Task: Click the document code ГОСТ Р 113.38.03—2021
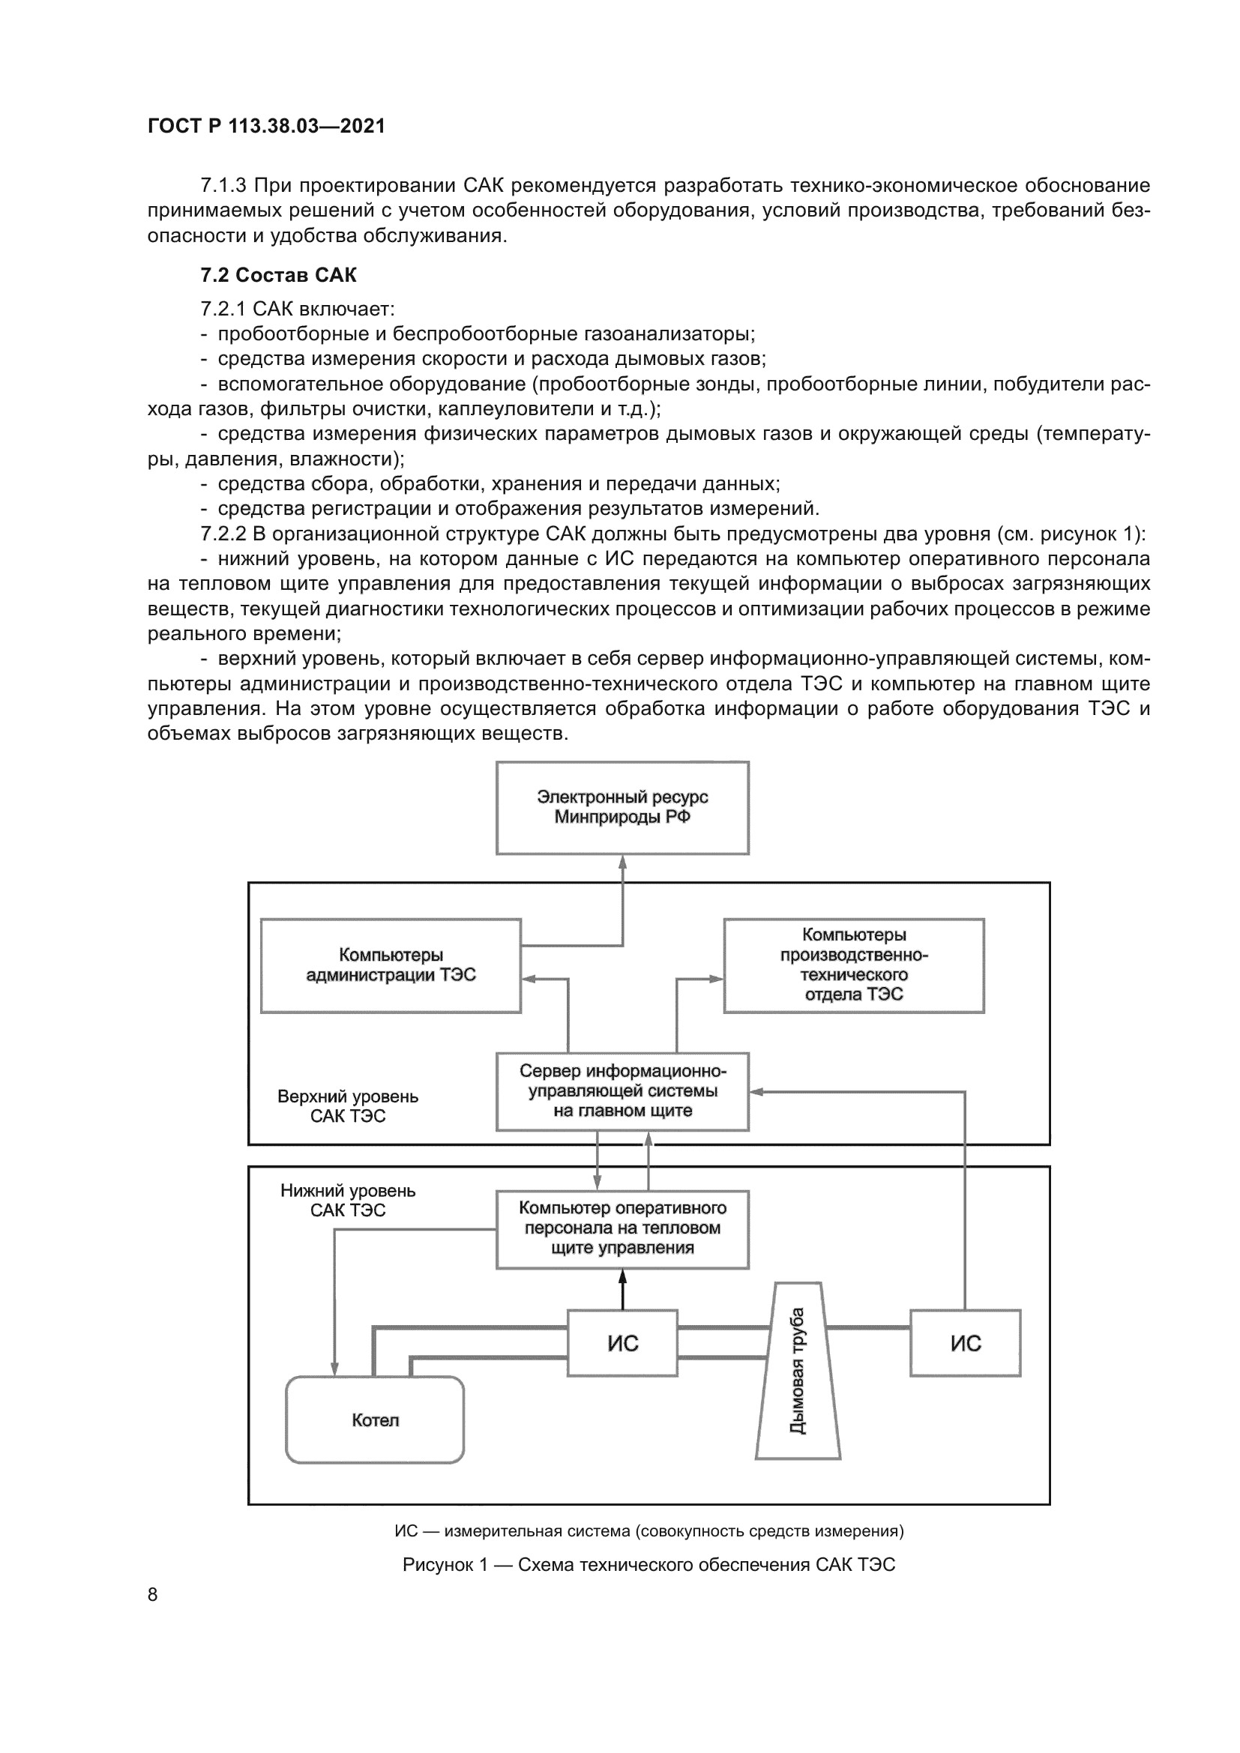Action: point(266,126)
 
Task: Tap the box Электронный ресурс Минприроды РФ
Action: point(622,807)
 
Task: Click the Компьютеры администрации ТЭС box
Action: point(390,965)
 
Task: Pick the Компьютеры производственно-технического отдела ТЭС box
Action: point(854,965)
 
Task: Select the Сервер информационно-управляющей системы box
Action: point(622,1091)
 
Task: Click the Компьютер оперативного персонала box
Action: point(622,1228)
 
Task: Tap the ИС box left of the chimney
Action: point(622,1343)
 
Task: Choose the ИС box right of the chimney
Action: point(965,1343)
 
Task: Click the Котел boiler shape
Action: point(375,1419)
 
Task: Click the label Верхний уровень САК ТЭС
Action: point(347,1106)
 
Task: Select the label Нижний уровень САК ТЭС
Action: point(347,1200)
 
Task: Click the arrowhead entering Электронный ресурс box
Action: point(622,862)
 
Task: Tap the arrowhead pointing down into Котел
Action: point(334,1369)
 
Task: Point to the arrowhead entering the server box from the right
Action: point(756,1092)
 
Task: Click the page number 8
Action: point(153,1594)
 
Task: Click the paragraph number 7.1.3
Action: point(223,186)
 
